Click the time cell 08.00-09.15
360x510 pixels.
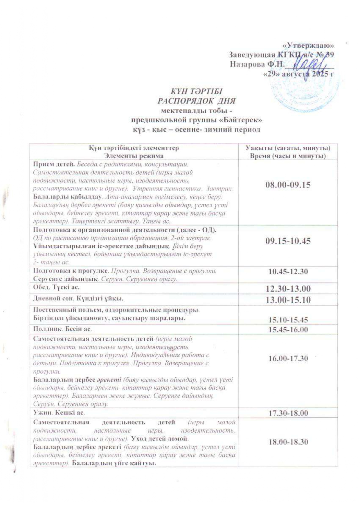(288, 185)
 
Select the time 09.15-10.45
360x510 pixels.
(288, 241)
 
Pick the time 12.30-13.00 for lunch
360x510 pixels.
(288, 289)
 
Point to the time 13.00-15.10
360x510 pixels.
(288, 300)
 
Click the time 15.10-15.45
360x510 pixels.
(288, 320)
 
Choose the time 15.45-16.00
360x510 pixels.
(288, 330)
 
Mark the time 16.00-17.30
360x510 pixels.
(288, 358)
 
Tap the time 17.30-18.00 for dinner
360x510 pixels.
(288, 413)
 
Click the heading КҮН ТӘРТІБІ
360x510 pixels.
(196, 91)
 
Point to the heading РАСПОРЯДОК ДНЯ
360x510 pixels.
(196, 101)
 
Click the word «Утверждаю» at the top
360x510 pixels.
(308, 46)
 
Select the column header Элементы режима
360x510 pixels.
(134, 156)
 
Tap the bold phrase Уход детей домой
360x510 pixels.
(160, 439)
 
